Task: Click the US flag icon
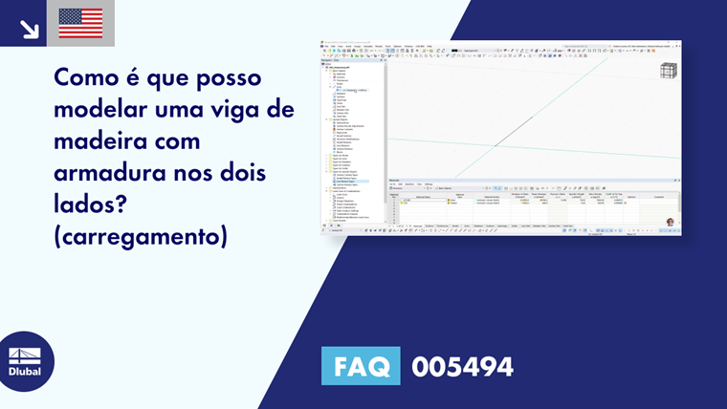(80, 23)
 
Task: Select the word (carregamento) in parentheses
(142, 236)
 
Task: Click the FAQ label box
(361, 366)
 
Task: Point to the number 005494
(462, 366)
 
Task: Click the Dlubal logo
(24, 361)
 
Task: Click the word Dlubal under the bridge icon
(24, 372)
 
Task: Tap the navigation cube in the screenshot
(669, 70)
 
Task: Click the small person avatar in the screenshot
(670, 222)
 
